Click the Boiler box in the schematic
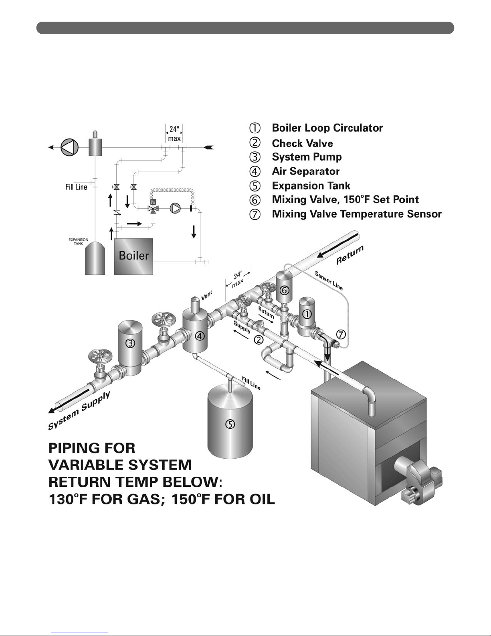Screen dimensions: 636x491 (133, 256)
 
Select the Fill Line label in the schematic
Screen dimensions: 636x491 (76, 187)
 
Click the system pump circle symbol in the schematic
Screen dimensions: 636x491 (69, 147)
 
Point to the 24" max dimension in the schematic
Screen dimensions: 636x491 (174, 134)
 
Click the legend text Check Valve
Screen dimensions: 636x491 (302, 143)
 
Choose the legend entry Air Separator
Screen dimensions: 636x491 (305, 171)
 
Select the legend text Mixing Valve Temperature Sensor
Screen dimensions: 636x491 (356, 214)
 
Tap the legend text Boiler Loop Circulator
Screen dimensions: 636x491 (327, 128)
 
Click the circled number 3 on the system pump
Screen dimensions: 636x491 (130, 343)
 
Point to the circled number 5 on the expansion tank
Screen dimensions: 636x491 (230, 424)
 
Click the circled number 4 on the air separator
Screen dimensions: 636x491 (200, 336)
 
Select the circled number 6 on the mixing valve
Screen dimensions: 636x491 (284, 289)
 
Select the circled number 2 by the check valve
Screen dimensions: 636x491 (259, 340)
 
